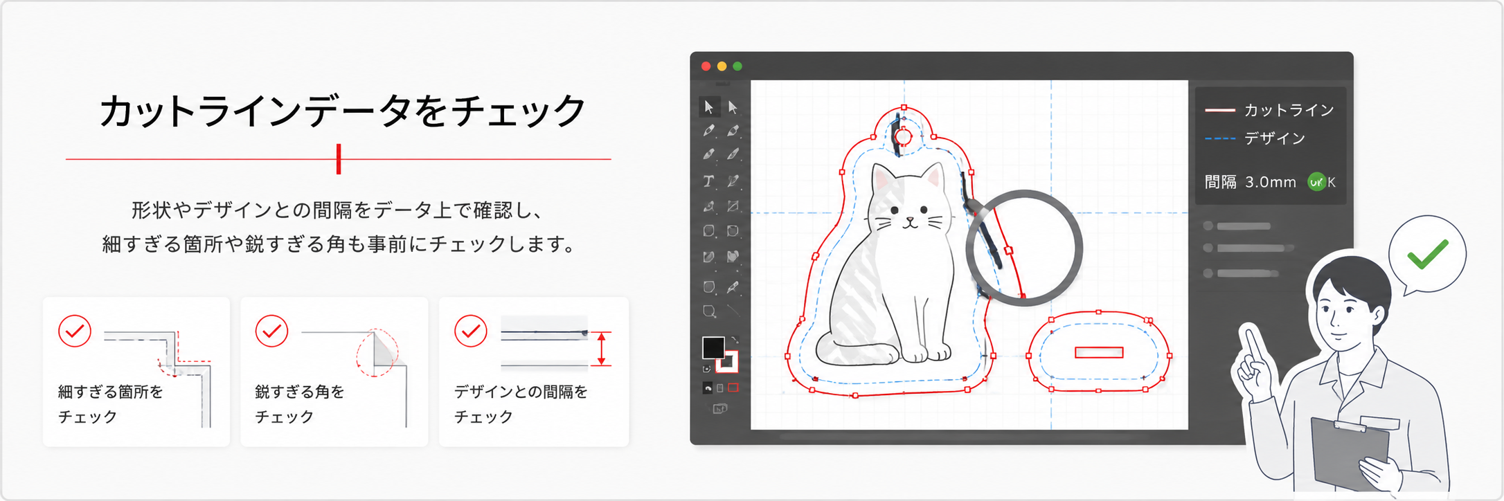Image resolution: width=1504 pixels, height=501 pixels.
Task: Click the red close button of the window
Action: pyautogui.click(x=706, y=66)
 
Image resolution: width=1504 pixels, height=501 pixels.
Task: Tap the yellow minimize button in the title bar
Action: pyautogui.click(x=722, y=66)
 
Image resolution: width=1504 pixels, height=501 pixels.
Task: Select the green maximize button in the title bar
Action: pyautogui.click(x=737, y=66)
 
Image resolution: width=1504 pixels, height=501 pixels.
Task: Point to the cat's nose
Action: pyautogui.click(x=911, y=219)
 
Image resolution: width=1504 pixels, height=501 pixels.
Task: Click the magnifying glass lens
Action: pyautogui.click(x=1024, y=248)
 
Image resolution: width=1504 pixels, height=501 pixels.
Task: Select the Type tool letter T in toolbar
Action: pyautogui.click(x=708, y=181)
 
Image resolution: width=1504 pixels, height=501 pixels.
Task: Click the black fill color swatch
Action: pyautogui.click(x=713, y=347)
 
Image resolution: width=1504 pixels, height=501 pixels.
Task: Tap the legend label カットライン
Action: pyautogui.click(x=1289, y=110)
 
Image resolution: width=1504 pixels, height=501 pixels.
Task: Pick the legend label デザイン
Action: pyautogui.click(x=1275, y=138)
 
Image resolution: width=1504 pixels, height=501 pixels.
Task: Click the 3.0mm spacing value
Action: pyautogui.click(x=1270, y=182)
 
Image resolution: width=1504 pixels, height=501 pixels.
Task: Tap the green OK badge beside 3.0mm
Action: pyautogui.click(x=1316, y=182)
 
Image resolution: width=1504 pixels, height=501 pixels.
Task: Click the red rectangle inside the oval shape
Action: pyautogui.click(x=1099, y=352)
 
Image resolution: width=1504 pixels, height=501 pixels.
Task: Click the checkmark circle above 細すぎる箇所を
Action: pyautogui.click(x=75, y=331)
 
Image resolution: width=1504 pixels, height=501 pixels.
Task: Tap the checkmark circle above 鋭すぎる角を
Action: pyautogui.click(x=272, y=331)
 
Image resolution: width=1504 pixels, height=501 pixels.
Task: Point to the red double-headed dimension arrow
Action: pyautogui.click(x=602, y=349)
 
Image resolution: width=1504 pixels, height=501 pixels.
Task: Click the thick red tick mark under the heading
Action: pyautogui.click(x=339, y=159)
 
